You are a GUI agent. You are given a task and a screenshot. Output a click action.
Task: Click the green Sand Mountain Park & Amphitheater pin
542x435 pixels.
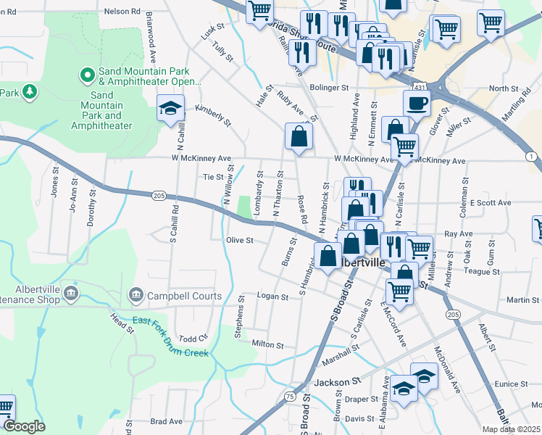click(87, 75)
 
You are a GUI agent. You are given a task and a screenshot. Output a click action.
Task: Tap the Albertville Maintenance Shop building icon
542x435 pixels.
click(71, 294)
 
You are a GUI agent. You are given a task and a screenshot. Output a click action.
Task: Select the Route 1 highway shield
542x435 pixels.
click(532, 157)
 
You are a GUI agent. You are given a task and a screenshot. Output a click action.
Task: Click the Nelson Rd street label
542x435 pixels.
click(121, 12)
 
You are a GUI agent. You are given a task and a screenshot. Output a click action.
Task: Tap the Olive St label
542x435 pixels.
click(239, 240)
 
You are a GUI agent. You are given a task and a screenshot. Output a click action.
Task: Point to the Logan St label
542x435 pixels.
click(273, 297)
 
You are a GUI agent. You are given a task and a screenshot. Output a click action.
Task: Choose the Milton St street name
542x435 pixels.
click(267, 344)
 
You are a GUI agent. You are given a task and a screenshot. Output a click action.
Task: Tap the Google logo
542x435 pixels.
click(24, 426)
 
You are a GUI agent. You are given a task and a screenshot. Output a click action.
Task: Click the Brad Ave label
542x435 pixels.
click(167, 421)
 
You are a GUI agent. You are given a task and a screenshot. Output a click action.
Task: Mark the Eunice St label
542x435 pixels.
click(512, 384)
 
